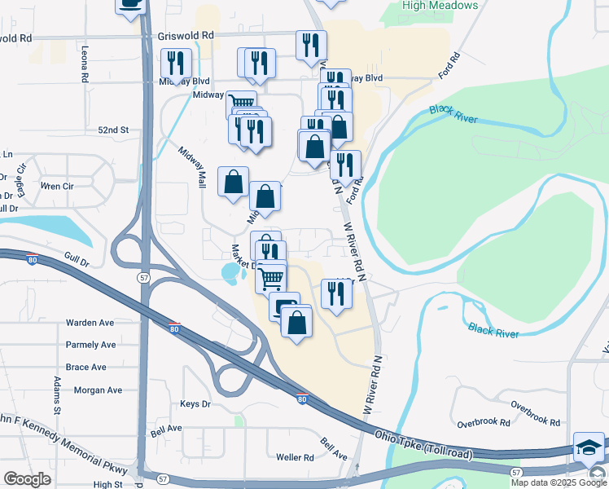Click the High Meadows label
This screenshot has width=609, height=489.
click(x=440, y=6)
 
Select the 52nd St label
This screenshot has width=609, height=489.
click(x=113, y=130)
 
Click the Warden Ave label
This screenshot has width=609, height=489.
click(x=90, y=323)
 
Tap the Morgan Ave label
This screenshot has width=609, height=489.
click(x=98, y=390)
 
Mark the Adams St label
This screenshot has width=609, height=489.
click(x=57, y=394)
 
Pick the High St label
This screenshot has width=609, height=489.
click(x=107, y=484)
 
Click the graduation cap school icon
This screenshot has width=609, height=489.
click(x=589, y=447)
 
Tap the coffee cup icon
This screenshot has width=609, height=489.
click(x=130, y=4)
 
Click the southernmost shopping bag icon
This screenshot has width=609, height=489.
click(x=297, y=322)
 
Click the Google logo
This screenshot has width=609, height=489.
click(x=27, y=478)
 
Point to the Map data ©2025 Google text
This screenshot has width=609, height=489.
click(x=558, y=482)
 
